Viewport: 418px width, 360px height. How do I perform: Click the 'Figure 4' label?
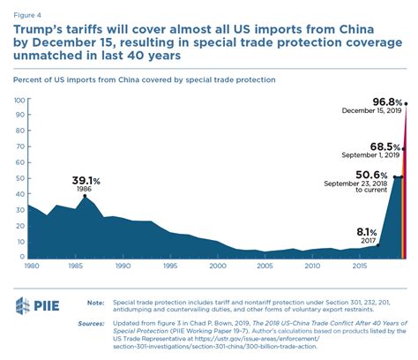coord(30,10)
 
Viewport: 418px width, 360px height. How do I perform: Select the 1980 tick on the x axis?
coord(31,265)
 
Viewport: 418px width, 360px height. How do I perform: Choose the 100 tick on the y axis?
coord(19,101)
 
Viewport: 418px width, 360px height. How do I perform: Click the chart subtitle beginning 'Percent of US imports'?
coord(132,79)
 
